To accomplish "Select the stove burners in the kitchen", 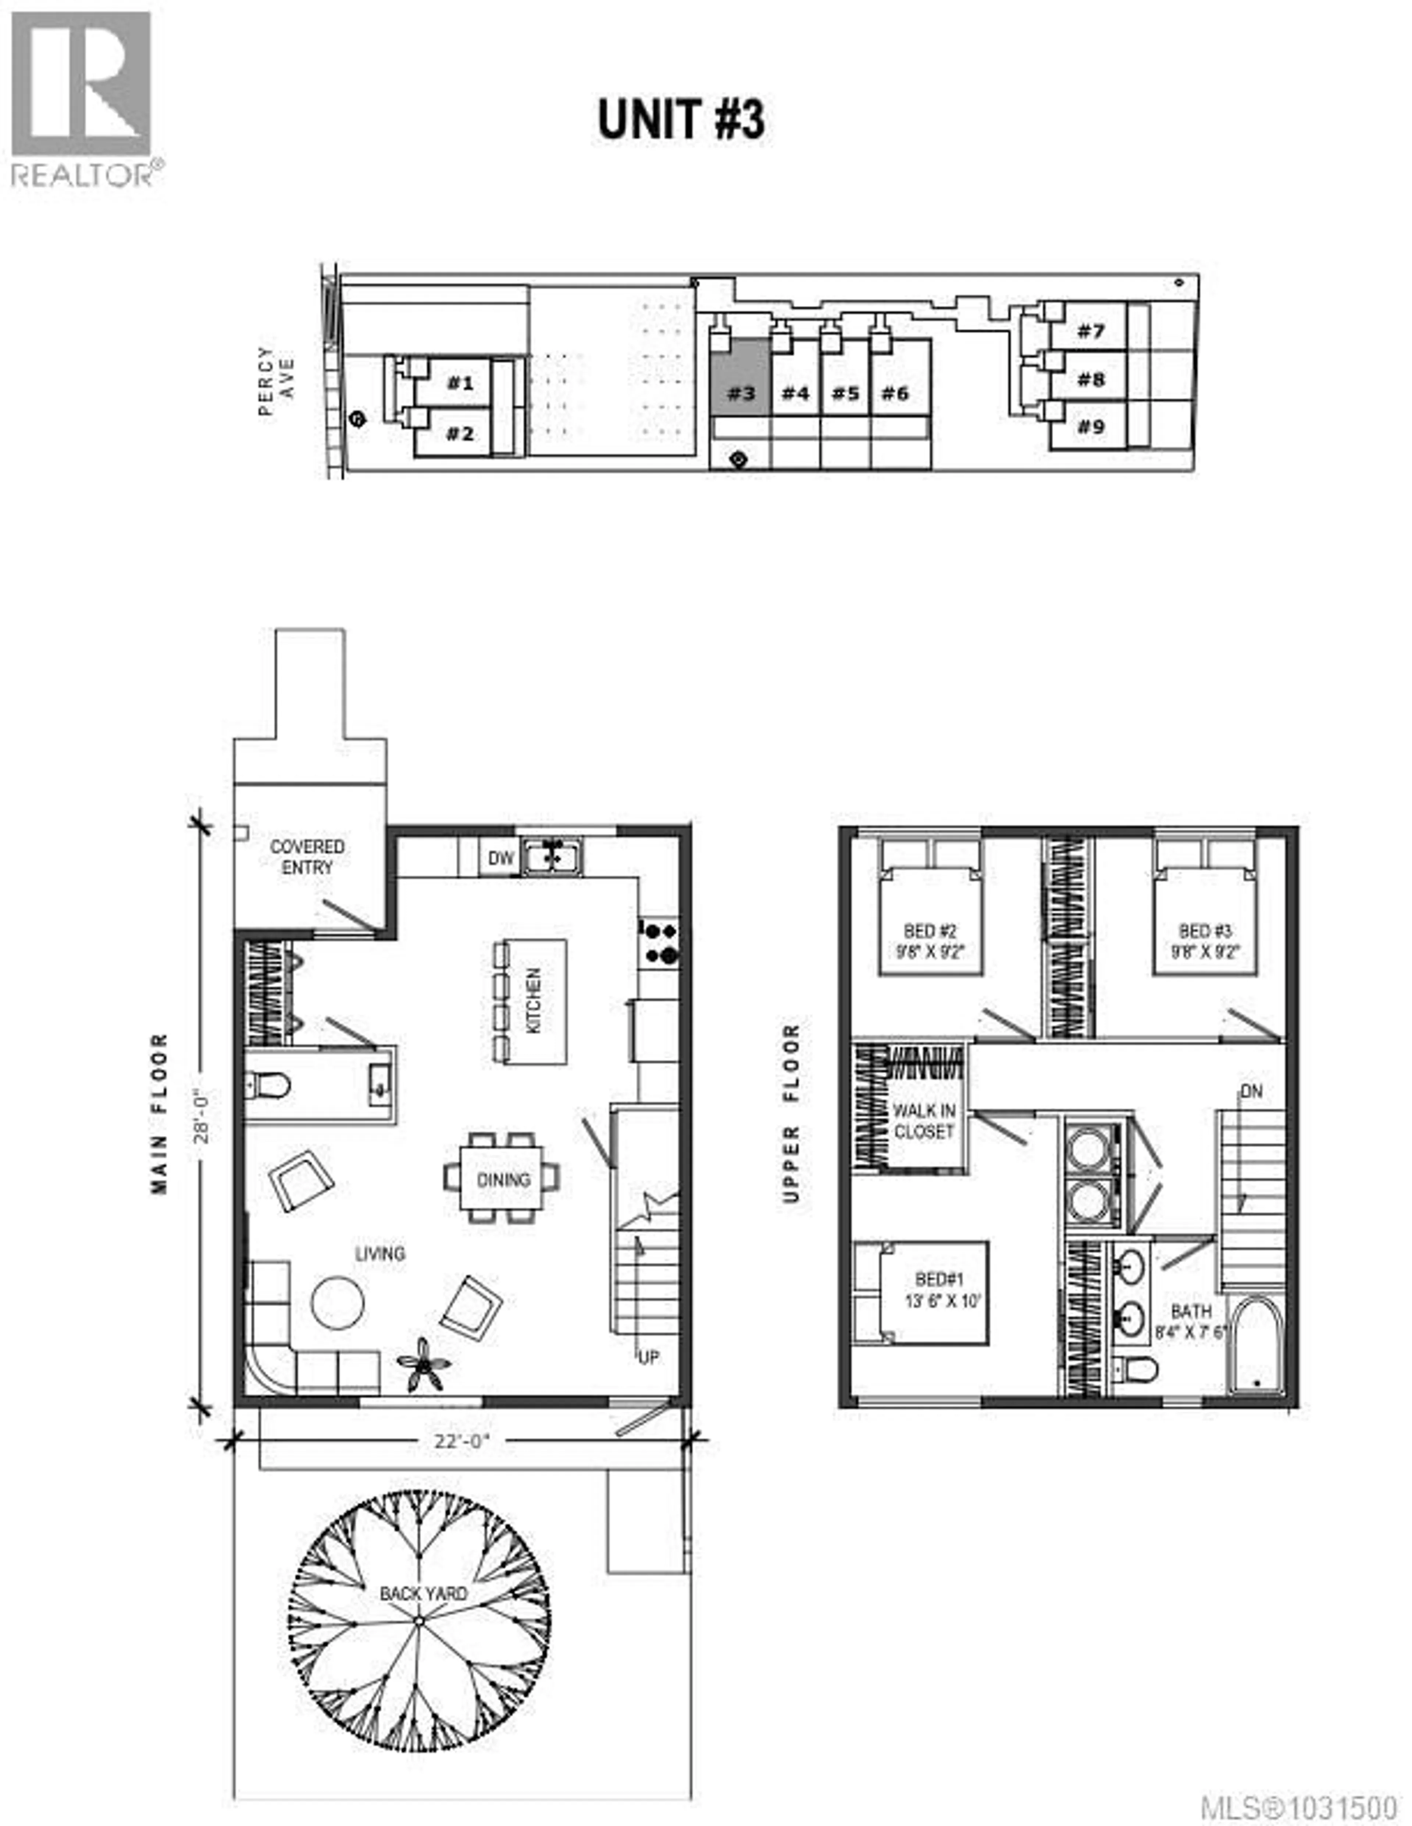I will pos(659,942).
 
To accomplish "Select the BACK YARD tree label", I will pos(423,1593).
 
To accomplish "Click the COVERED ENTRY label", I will pos(307,857).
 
